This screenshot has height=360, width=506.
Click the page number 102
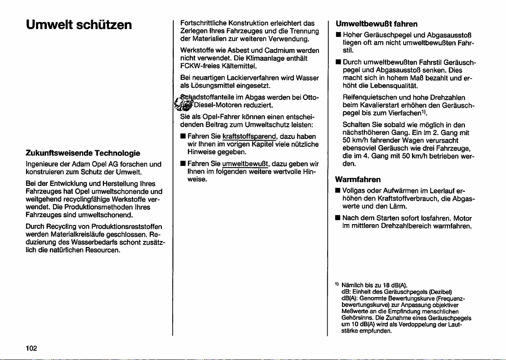pos(31,348)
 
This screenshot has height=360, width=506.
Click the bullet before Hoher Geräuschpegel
pos(336,34)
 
